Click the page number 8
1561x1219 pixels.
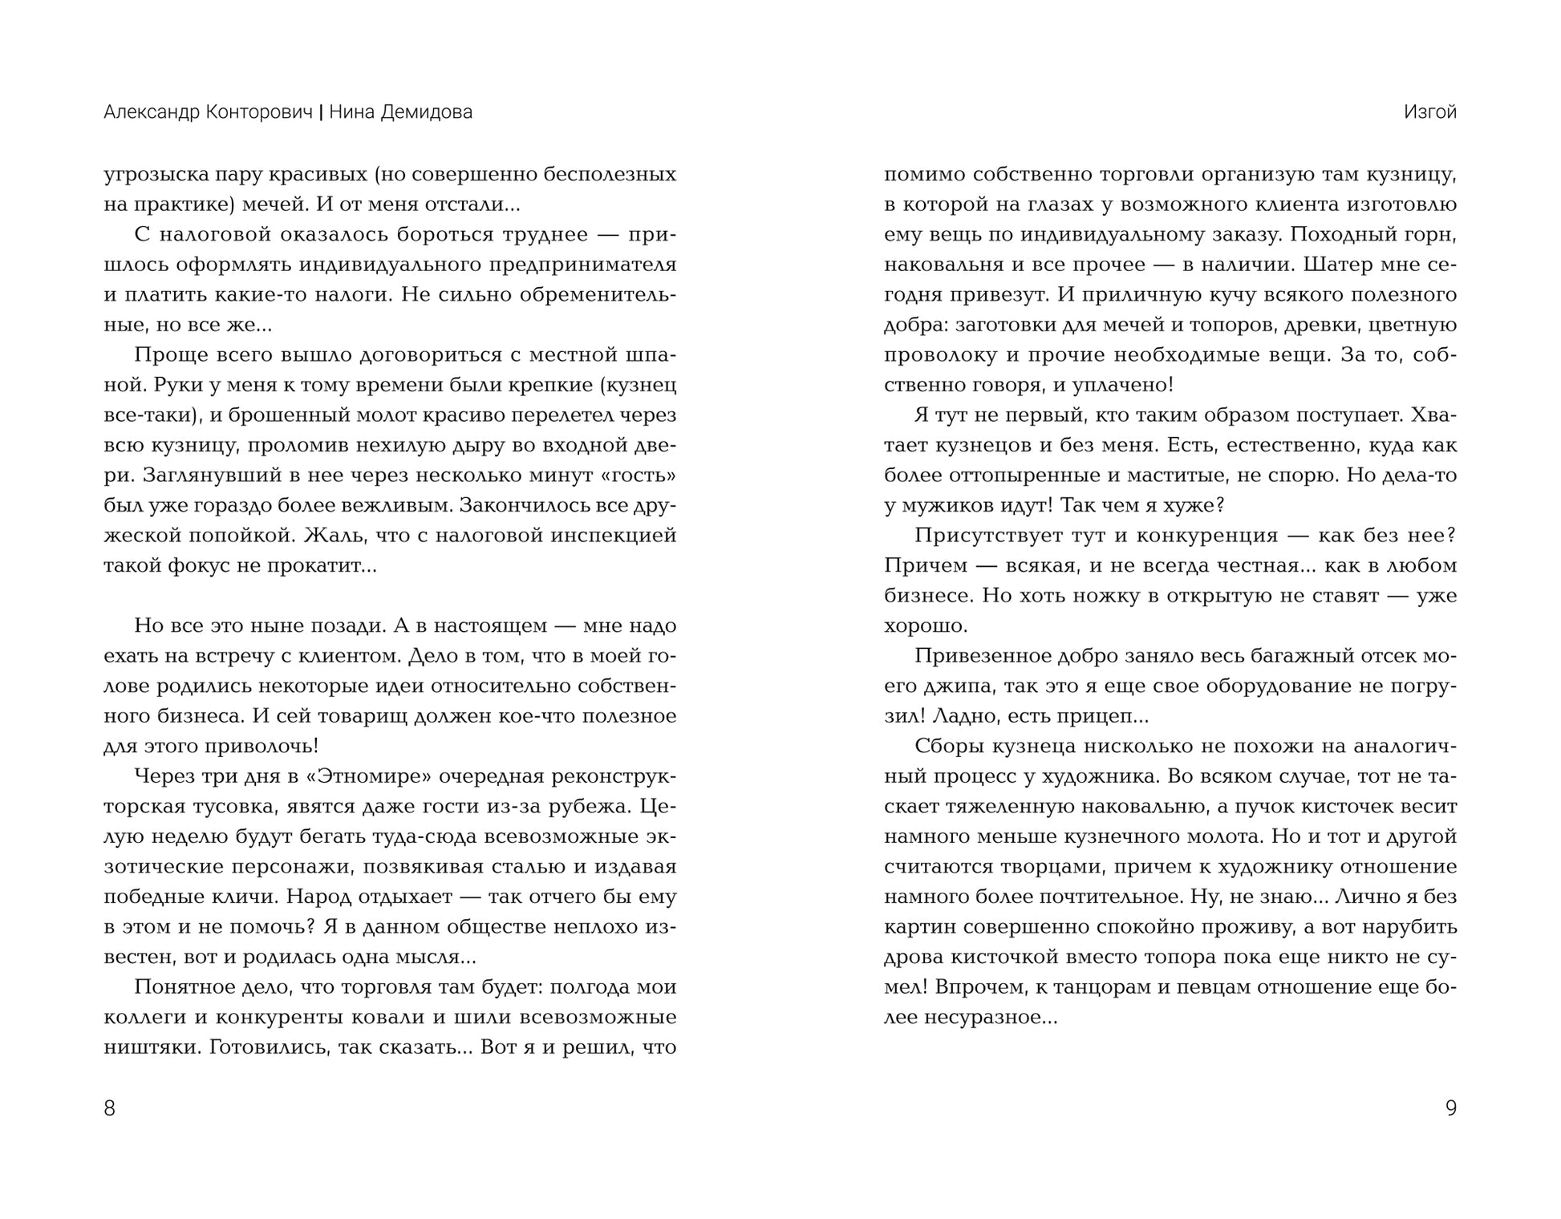tap(110, 1108)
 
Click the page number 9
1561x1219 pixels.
tap(1450, 1108)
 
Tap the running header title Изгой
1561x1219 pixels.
tap(1429, 112)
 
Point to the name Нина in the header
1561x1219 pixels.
tap(351, 112)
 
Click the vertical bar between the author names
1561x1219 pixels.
tap(321, 112)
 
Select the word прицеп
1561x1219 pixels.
tap(1096, 716)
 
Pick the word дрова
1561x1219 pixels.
tap(912, 958)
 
